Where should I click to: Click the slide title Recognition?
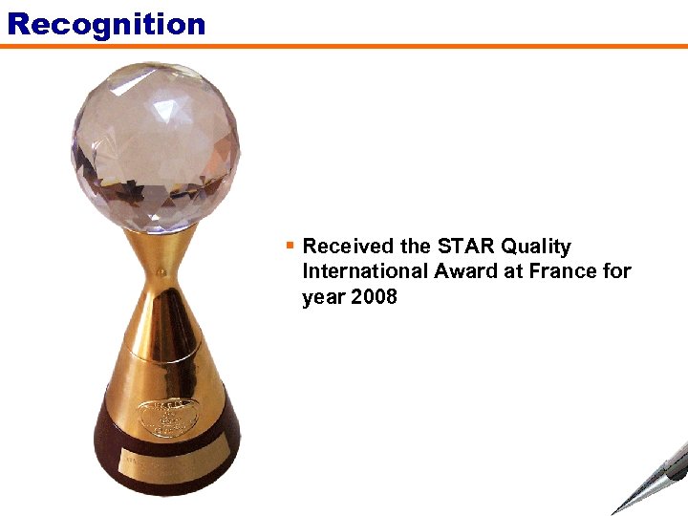(106, 23)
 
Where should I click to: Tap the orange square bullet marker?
(290, 246)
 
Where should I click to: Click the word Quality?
(536, 247)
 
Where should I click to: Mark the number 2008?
(374, 296)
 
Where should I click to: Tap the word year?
(324, 298)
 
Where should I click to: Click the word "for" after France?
(617, 271)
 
